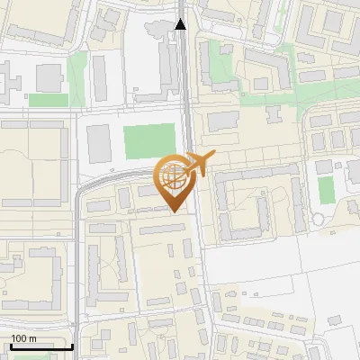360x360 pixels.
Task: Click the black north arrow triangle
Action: click(x=181, y=24)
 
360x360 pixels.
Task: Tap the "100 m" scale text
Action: click(x=23, y=338)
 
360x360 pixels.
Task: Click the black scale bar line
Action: click(x=41, y=346)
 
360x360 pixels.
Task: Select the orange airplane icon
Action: click(x=198, y=164)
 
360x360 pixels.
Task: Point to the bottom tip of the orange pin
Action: click(x=174, y=211)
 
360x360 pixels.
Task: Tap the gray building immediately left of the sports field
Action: click(x=100, y=144)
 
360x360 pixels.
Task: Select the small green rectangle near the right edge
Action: click(x=325, y=189)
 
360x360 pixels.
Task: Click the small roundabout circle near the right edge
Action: click(x=318, y=220)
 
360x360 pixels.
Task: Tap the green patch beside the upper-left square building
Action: click(x=48, y=100)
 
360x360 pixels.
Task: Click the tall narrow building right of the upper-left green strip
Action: click(x=100, y=76)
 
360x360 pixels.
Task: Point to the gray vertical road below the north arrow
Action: click(x=185, y=90)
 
